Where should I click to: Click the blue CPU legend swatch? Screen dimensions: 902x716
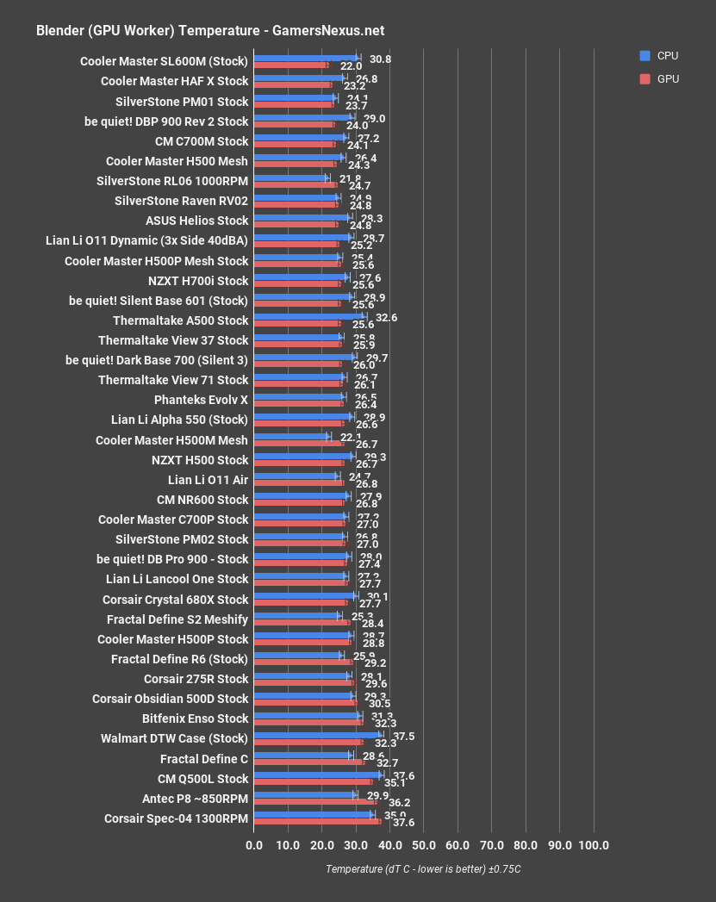pyautogui.click(x=644, y=56)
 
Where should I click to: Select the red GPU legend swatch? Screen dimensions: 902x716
pyautogui.click(x=644, y=78)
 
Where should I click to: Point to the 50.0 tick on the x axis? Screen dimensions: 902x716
pyautogui.click(x=423, y=845)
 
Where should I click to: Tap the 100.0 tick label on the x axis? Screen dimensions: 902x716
pyautogui.click(x=593, y=845)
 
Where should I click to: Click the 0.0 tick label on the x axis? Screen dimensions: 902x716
pyautogui.click(x=254, y=845)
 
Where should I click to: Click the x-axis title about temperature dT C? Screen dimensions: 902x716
pyautogui.click(x=423, y=869)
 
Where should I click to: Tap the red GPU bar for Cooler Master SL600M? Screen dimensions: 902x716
pyautogui.click(x=290, y=65)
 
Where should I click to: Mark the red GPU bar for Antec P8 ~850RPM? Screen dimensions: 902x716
pyautogui.click(x=314, y=802)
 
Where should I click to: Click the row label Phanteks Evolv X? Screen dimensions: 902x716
pyautogui.click(x=201, y=400)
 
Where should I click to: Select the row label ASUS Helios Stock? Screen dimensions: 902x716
pyautogui.click(x=196, y=221)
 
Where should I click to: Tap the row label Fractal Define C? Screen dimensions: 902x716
pyautogui.click(x=204, y=759)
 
